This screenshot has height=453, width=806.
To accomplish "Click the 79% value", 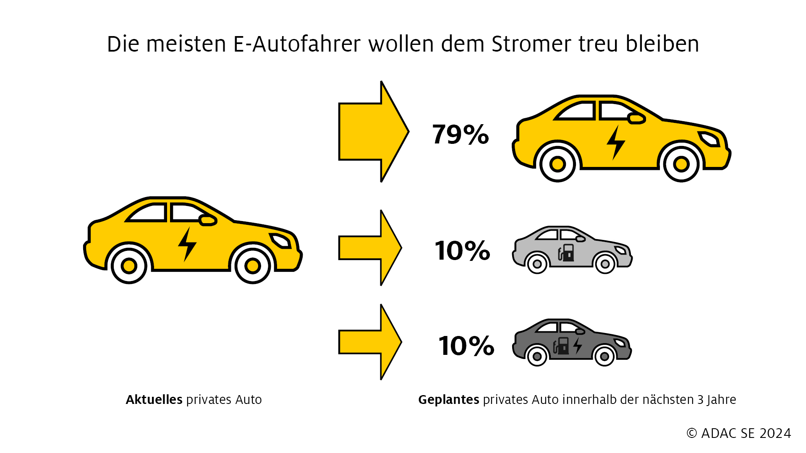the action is [x=461, y=135].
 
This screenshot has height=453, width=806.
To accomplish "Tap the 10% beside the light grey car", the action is [x=462, y=251].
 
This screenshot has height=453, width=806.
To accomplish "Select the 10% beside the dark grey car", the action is [x=466, y=346].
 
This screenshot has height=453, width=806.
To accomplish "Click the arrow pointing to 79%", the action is [x=374, y=132].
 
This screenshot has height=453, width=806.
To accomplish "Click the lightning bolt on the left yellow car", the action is [x=187, y=245].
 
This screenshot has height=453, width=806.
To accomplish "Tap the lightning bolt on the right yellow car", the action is [x=616, y=143].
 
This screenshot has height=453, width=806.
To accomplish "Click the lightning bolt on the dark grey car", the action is [x=578, y=346].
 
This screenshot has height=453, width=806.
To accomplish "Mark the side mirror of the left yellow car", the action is [x=207, y=220].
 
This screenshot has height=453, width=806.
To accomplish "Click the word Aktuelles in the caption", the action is [x=154, y=400].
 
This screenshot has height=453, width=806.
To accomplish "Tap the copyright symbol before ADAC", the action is [x=692, y=433].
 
